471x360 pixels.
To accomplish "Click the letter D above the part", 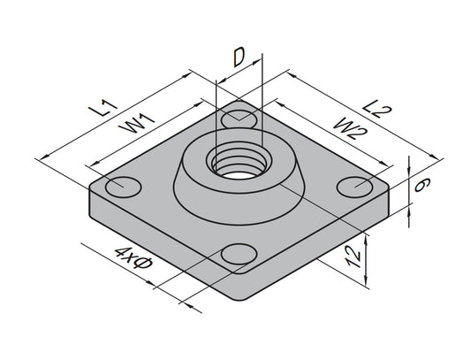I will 239,59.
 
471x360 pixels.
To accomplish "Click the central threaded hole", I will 236,164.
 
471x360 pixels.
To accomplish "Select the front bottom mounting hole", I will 239,255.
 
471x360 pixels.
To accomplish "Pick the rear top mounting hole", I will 238,118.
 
